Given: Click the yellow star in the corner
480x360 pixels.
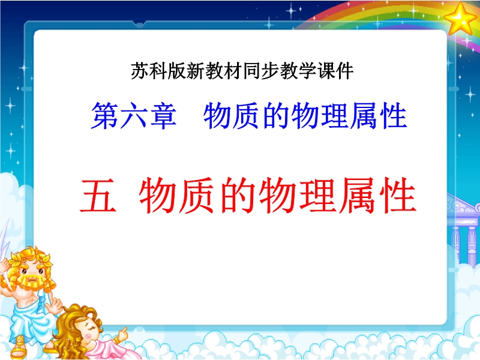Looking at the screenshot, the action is pyautogui.click(x=460, y=19).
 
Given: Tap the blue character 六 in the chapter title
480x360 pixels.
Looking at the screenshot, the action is pyautogui.click(x=133, y=116).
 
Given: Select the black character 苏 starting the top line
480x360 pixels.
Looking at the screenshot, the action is pyautogui.click(x=140, y=71).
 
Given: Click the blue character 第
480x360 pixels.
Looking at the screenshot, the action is pyautogui.click(x=104, y=116).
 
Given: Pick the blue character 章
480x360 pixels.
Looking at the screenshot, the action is pyautogui.click(x=163, y=116).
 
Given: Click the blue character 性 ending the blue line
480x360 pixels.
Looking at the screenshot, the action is pyautogui.click(x=393, y=116).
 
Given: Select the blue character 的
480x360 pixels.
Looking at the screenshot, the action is pyautogui.click(x=276, y=116).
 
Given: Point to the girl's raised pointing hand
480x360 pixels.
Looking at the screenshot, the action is pyautogui.click(x=122, y=334).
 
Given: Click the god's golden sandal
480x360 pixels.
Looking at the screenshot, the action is pyautogui.click(x=19, y=347).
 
